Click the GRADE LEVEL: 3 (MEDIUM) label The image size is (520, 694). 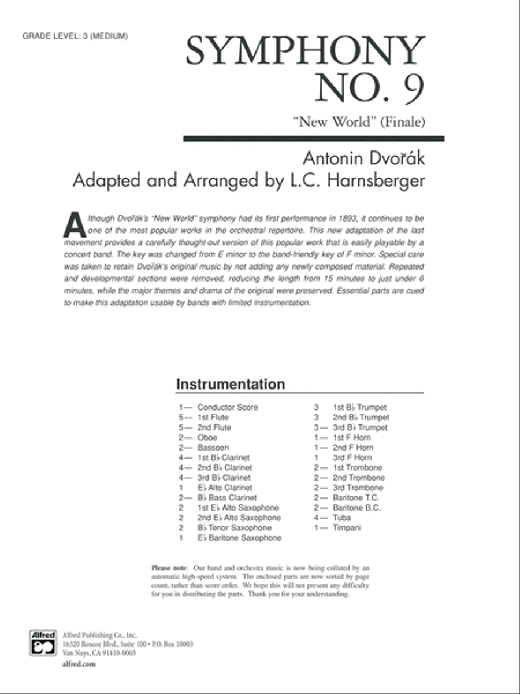tap(75, 36)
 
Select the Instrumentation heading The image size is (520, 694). tap(231, 385)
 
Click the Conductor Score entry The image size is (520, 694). tap(227, 407)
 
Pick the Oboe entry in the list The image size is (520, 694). tap(207, 438)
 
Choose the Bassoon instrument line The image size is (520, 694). tap(213, 448)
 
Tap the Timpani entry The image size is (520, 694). tap(347, 527)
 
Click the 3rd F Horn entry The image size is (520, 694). tap(352, 457)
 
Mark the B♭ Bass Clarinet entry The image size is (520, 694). tap(226, 497)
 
